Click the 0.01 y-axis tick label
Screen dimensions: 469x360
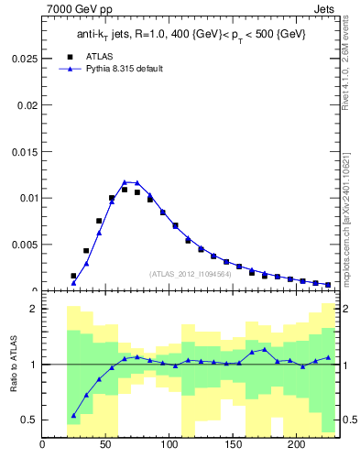tap(26, 197)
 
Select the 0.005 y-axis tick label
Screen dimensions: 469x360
tap(23, 245)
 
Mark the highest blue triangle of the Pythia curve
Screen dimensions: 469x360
tap(125, 181)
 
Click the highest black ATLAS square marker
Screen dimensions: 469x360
tap(125, 190)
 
